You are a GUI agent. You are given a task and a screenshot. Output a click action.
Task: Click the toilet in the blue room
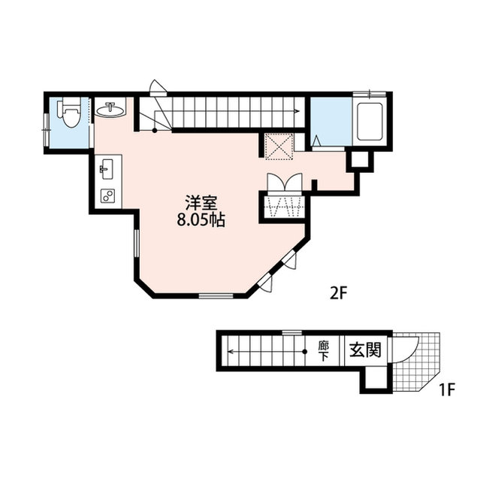click(70, 112)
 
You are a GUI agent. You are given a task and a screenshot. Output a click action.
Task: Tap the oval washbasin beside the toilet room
click(110, 109)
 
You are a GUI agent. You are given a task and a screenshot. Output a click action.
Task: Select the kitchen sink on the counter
click(107, 169)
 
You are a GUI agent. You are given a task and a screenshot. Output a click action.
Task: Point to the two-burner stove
click(108, 195)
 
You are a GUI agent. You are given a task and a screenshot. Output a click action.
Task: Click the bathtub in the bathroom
click(370, 122)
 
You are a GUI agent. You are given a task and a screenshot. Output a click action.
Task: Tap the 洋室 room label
click(201, 203)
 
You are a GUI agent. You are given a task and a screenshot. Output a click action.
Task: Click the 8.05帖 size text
click(201, 219)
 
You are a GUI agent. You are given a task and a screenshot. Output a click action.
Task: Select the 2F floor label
click(338, 294)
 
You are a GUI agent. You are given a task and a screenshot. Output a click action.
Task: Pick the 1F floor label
click(447, 390)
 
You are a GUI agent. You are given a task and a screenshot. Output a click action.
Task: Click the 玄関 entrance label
click(366, 350)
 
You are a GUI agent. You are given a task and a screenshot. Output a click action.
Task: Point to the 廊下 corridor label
click(323, 351)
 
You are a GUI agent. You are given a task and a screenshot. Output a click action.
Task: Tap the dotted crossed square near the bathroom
click(279, 147)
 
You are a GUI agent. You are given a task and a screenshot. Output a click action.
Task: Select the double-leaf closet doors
click(285, 183)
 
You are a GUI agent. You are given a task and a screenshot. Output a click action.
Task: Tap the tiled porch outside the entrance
click(416, 362)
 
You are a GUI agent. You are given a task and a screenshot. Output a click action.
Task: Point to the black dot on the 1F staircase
click(305, 352)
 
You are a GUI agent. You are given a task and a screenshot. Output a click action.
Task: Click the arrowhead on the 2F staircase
click(297, 111)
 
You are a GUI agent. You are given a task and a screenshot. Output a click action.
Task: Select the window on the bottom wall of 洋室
click(216, 295)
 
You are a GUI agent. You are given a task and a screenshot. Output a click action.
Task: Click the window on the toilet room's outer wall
click(47, 130)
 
